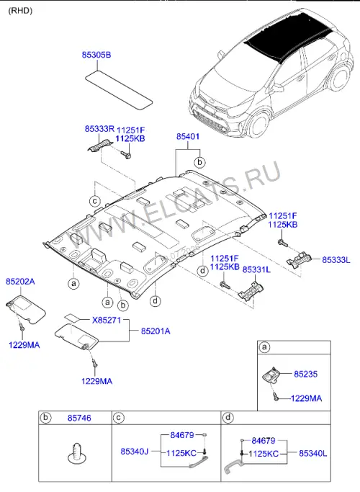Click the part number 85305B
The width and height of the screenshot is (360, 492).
[x=96, y=55]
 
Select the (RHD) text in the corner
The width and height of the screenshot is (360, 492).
[x=20, y=11]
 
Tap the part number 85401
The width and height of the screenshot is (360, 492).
[x=188, y=136]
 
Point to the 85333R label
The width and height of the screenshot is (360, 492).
[x=99, y=129]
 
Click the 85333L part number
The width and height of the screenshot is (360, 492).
[x=336, y=260]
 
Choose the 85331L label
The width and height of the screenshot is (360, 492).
[x=256, y=270]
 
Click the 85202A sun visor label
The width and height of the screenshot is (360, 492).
[x=20, y=282]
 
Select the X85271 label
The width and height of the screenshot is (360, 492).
[x=107, y=321]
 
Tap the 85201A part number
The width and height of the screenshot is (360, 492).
[x=156, y=331]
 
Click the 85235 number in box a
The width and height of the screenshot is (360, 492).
[x=306, y=374]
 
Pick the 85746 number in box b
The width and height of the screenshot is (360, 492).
[x=79, y=418]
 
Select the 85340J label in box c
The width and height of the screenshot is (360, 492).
[x=135, y=452]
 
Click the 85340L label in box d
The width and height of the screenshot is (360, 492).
[x=313, y=453]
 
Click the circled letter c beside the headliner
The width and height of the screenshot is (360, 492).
[x=95, y=201]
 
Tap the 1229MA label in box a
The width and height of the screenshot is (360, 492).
[x=307, y=398]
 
